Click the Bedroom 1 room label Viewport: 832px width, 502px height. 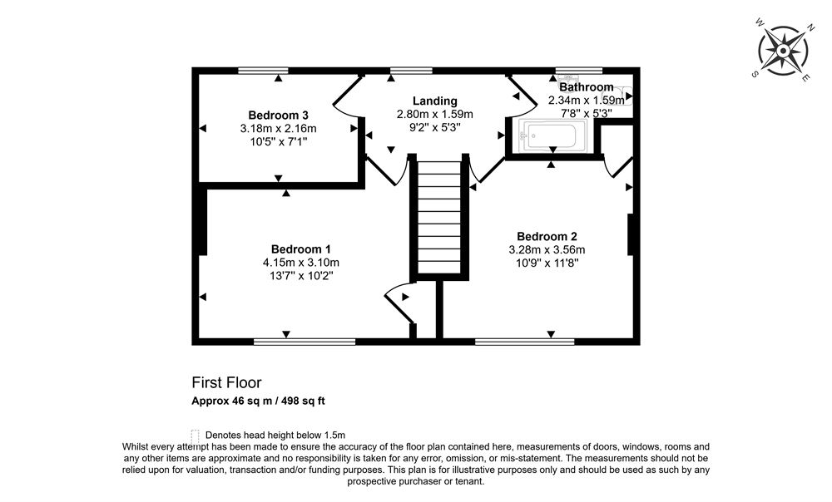[x=301, y=249]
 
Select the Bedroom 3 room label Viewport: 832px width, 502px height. [x=278, y=115]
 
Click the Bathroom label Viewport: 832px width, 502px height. [x=586, y=86]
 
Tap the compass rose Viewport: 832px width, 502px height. [x=783, y=51]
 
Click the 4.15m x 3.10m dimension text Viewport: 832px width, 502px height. [x=301, y=263]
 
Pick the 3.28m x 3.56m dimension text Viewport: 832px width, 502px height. [x=547, y=249]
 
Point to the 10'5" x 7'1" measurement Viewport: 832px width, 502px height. [x=278, y=142]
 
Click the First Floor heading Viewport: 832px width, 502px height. [x=226, y=383]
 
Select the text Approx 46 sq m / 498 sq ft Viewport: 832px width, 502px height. [x=259, y=401]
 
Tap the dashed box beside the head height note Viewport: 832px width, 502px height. [x=196, y=435]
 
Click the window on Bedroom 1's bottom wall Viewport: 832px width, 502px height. [x=305, y=341]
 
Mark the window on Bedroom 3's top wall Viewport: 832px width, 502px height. [x=263, y=70]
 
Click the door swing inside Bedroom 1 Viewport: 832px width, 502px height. [x=398, y=303]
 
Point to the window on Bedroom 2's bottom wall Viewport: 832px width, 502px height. [x=524, y=341]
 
